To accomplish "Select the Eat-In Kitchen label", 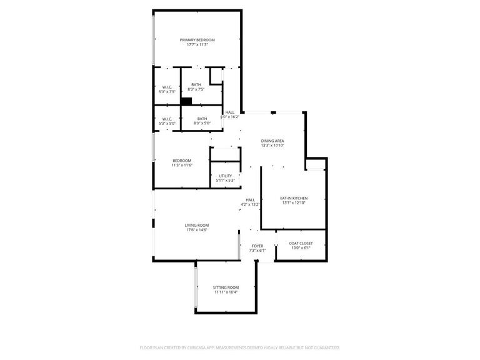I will tap(293, 198).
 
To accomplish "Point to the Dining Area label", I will tap(272, 141).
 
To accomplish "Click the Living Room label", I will tap(196, 225).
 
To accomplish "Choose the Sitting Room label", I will tap(226, 287).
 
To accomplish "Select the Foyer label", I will tap(257, 246).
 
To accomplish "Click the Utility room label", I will tap(225, 176).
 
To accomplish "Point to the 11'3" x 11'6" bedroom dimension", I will tap(182, 166).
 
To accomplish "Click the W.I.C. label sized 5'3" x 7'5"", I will tap(167, 87).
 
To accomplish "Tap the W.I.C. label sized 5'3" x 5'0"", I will tap(167, 119).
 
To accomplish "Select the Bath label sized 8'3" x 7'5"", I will tap(196, 85).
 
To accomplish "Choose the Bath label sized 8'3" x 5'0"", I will tap(202, 119).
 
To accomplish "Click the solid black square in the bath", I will tap(186, 101).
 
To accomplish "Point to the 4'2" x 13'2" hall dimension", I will tap(250, 204).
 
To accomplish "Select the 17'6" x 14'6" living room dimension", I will tap(196, 230).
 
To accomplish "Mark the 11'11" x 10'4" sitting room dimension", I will tap(226, 292).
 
